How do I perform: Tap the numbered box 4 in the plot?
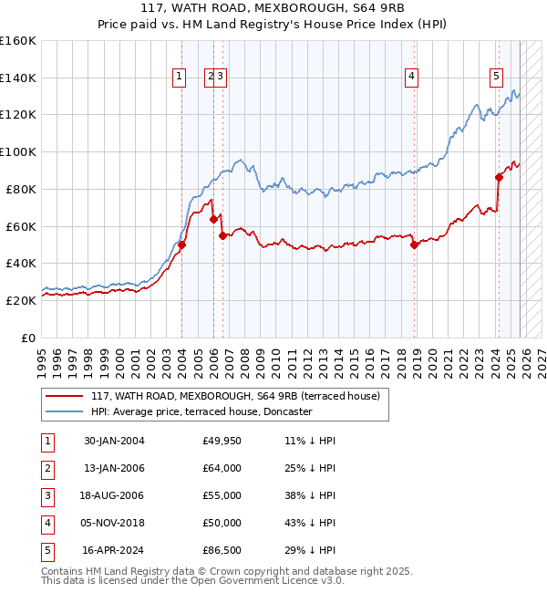412,78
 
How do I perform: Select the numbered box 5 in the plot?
497,78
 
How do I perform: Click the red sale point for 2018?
414,244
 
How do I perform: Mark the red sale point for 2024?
499,177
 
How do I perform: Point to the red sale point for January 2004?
181,244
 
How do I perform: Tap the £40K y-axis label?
21,263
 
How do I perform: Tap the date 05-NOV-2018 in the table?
114,523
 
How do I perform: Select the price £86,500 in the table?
222,550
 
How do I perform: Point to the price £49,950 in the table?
222,441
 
